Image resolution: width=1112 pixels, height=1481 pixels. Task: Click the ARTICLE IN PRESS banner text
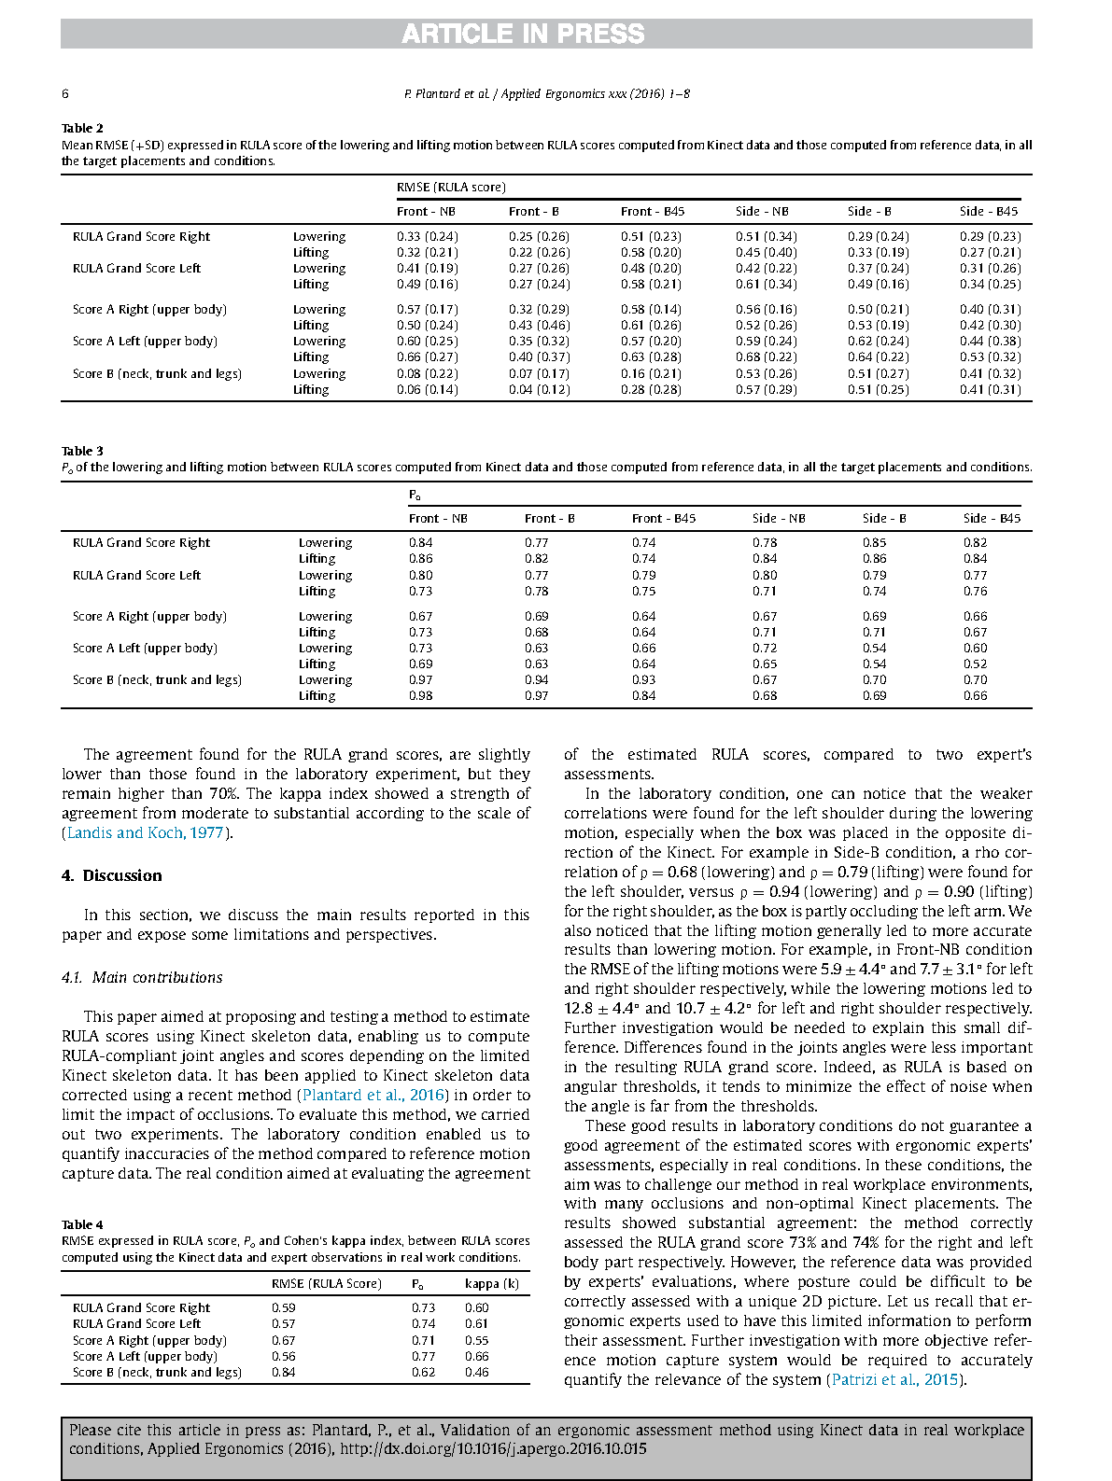(523, 35)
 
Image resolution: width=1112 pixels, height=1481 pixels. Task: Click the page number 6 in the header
(65, 93)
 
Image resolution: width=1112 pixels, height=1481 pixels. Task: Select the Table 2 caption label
(82, 128)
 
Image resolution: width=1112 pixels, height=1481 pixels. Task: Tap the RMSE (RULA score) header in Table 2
(451, 187)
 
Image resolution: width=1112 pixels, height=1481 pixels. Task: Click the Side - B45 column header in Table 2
(989, 211)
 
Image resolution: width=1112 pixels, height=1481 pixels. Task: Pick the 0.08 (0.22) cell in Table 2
(427, 373)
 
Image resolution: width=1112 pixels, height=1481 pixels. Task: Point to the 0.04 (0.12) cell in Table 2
(539, 389)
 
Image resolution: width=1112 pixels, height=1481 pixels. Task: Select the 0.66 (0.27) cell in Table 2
(427, 356)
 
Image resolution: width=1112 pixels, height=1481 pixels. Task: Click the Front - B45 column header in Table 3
(663, 518)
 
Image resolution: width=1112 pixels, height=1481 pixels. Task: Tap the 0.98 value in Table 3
(421, 695)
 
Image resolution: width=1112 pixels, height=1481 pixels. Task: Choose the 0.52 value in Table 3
(975, 664)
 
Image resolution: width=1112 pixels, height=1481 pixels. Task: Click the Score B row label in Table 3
(157, 679)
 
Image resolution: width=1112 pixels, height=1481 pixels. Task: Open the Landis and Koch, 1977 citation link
(146, 832)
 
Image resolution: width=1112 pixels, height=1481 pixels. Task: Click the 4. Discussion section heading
(111, 875)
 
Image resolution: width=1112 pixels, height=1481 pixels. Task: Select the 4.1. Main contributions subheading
(142, 977)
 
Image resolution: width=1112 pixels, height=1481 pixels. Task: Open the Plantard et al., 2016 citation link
(373, 1095)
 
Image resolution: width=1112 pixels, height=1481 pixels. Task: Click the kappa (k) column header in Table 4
(491, 1283)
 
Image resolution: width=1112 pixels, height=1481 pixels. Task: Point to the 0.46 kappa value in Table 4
(476, 1372)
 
